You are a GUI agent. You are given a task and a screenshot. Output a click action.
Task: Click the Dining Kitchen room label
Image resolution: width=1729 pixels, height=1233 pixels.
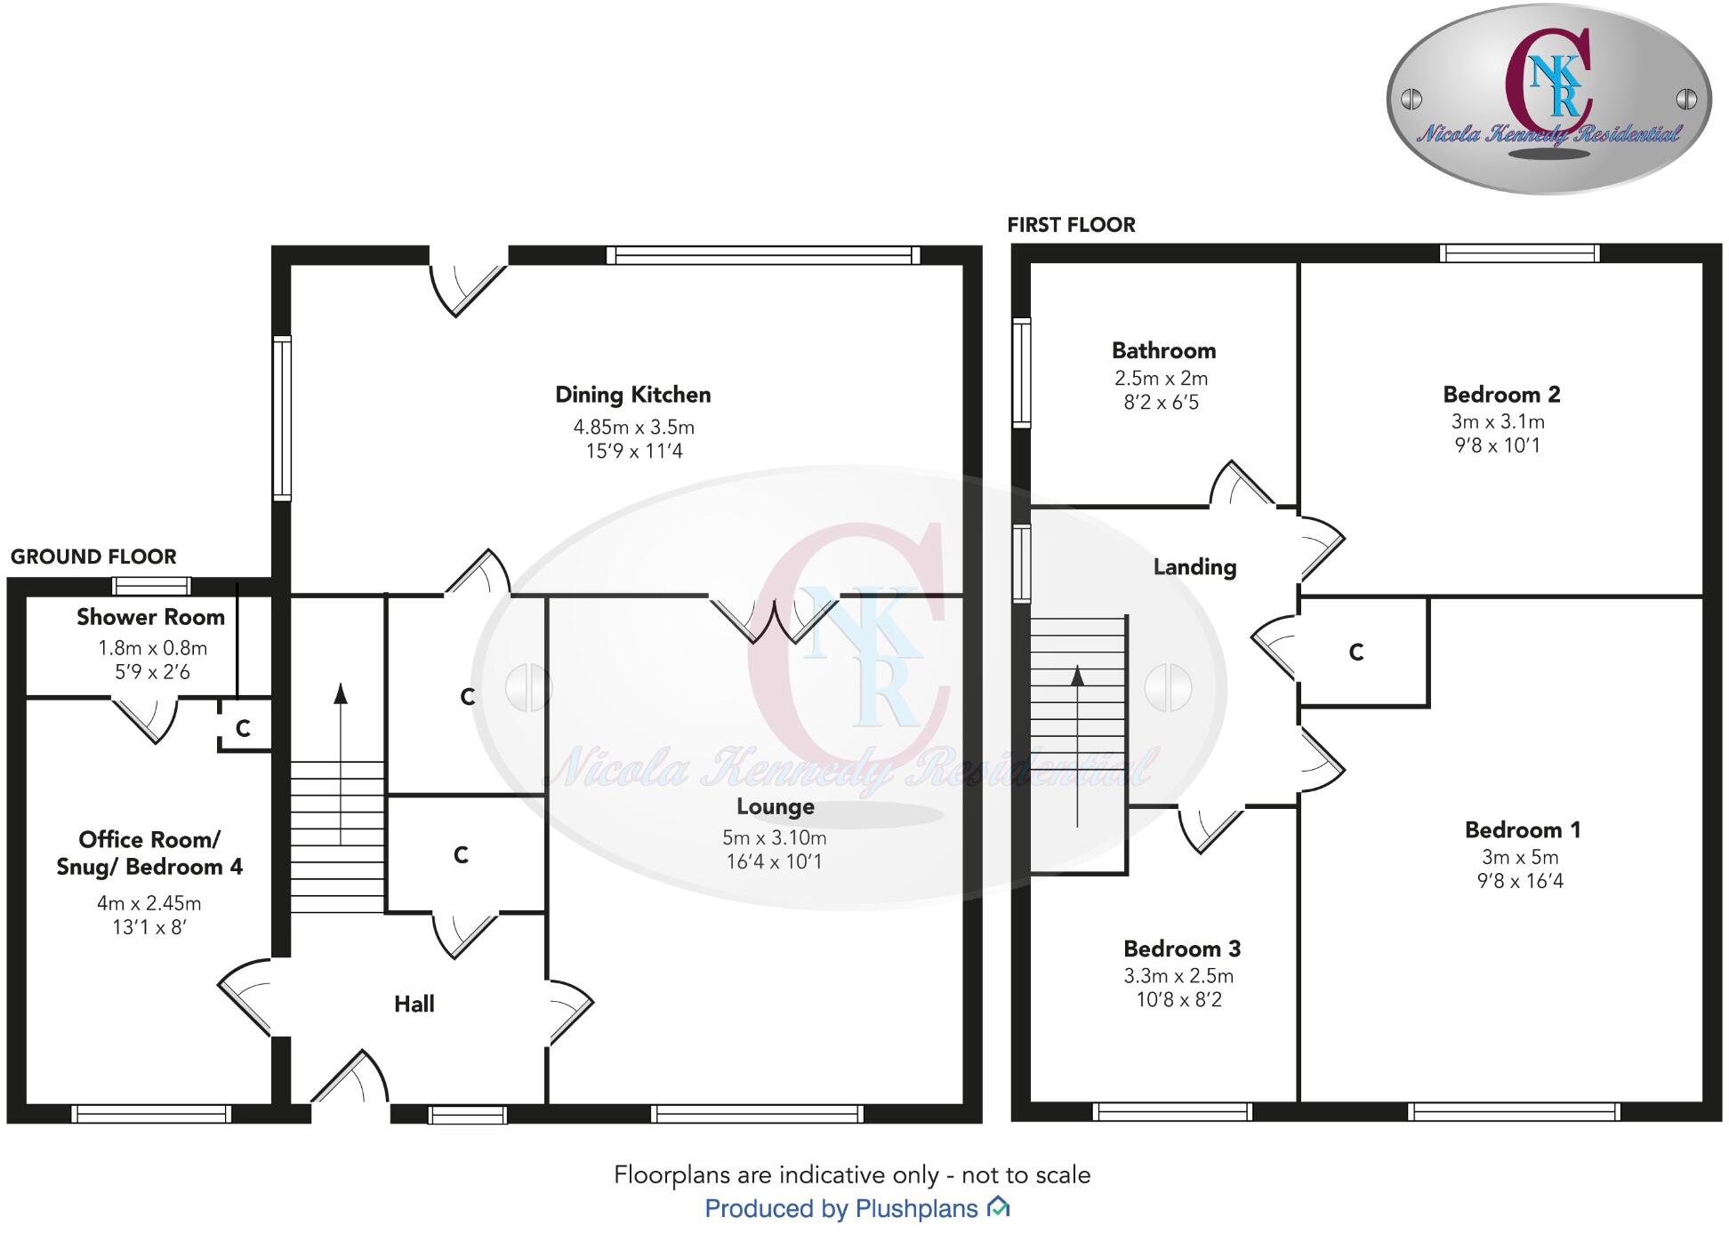[632, 395]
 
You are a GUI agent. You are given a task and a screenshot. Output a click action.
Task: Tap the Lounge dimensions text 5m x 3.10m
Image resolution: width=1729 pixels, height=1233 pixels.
[774, 837]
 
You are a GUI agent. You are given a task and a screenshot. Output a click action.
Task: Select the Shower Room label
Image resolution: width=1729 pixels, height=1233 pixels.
[150, 617]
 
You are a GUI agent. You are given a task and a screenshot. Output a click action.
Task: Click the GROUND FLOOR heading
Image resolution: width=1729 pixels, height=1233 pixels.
[93, 557]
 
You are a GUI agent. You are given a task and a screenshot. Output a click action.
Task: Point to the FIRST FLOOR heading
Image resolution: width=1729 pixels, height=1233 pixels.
[1071, 225]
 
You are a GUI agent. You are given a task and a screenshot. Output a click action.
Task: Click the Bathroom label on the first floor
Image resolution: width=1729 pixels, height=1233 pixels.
[1163, 351]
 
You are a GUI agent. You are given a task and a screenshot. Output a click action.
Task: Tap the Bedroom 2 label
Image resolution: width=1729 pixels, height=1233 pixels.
[1501, 395]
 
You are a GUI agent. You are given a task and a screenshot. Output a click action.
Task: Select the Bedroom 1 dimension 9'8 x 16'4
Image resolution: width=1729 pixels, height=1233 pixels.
[1520, 881]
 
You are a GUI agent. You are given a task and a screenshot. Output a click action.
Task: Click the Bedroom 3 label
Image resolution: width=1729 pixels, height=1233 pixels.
[1181, 949]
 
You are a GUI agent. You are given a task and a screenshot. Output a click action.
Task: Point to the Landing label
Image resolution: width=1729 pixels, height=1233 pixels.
[1194, 567]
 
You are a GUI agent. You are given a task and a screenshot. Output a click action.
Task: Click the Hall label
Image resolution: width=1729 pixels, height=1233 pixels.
[414, 1005]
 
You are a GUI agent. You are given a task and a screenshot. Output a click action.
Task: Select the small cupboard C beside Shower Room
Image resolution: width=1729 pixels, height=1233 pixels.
[243, 729]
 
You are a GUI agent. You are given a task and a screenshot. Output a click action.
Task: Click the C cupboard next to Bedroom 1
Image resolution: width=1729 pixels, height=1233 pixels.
[1356, 653]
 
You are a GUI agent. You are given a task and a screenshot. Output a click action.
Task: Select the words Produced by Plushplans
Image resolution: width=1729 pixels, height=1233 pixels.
[841, 1209]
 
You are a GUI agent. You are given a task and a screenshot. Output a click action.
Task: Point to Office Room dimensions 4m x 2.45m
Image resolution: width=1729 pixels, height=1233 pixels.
[149, 903]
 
